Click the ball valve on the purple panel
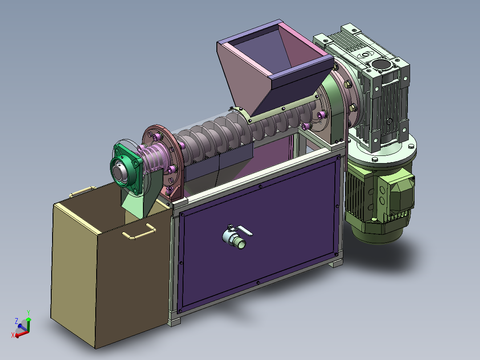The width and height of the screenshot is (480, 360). pos(234,238)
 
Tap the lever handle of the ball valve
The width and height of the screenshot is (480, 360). pos(244,231)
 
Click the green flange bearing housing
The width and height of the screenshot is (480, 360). pos(126,167)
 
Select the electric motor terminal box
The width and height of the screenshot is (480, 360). pos(396,193)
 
